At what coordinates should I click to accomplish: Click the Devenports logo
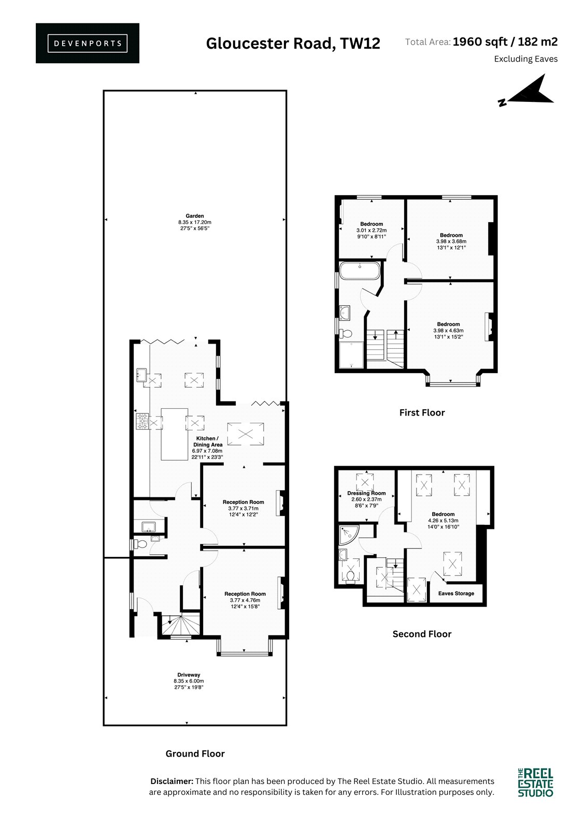[x=88, y=43]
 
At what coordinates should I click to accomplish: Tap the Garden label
[x=195, y=216]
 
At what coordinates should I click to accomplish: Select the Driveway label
[x=189, y=675]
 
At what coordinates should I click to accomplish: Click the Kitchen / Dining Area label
[x=208, y=441]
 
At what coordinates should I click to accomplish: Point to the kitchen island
[x=175, y=434]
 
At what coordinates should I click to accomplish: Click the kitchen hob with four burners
[x=142, y=422]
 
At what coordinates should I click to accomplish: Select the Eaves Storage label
[x=456, y=593]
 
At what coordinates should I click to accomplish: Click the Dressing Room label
[x=366, y=493]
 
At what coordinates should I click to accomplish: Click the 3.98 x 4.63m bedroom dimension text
[x=448, y=331]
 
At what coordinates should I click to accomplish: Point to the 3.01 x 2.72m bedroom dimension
[x=371, y=230]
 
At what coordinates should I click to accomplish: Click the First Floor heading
[x=422, y=412]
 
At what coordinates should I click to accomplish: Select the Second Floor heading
[x=422, y=634]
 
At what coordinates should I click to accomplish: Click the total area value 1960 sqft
[x=480, y=42]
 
